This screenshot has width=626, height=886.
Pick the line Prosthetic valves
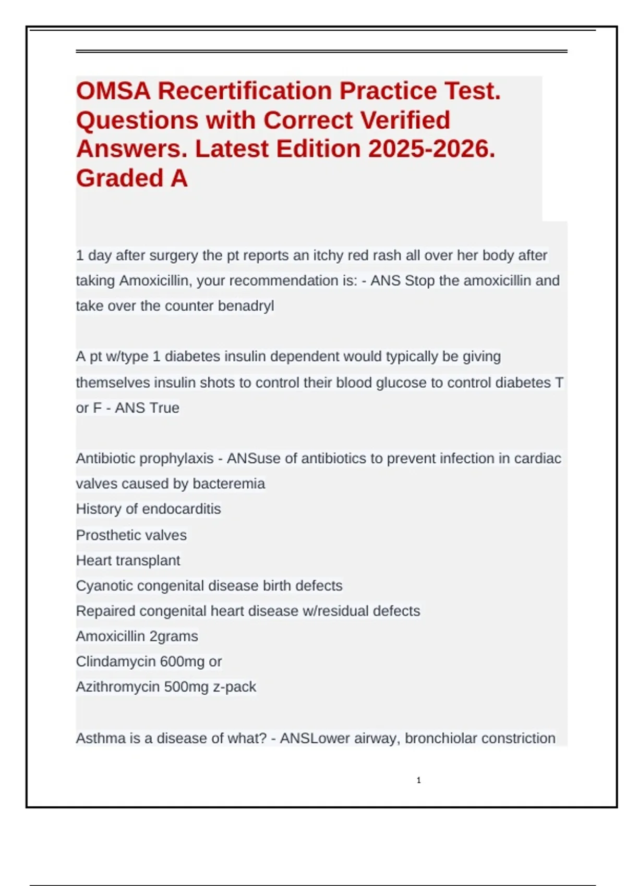pos(131,535)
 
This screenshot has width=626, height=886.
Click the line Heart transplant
pos(128,561)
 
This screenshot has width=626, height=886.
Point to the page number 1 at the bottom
pos(418,780)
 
